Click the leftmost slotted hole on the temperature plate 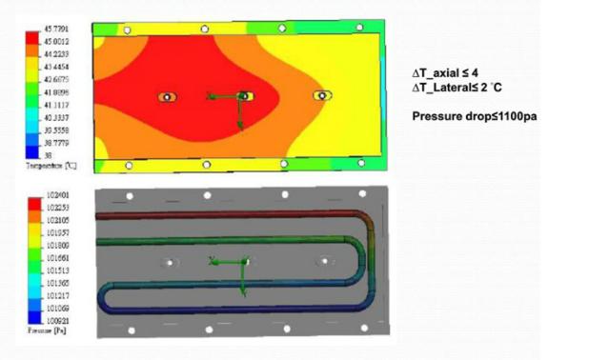point(168,97)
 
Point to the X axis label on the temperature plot point(210,94)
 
